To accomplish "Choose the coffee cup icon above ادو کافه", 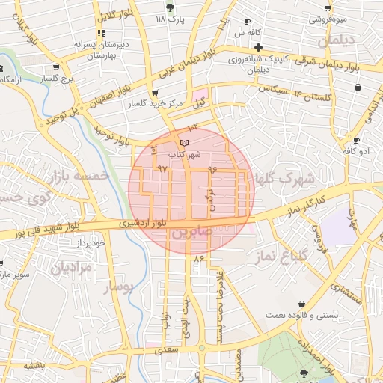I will point(357,140).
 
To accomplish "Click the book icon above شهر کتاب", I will point(184,142).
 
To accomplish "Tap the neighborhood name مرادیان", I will point(73,267).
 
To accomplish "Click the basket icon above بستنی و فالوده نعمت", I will point(301,304).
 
